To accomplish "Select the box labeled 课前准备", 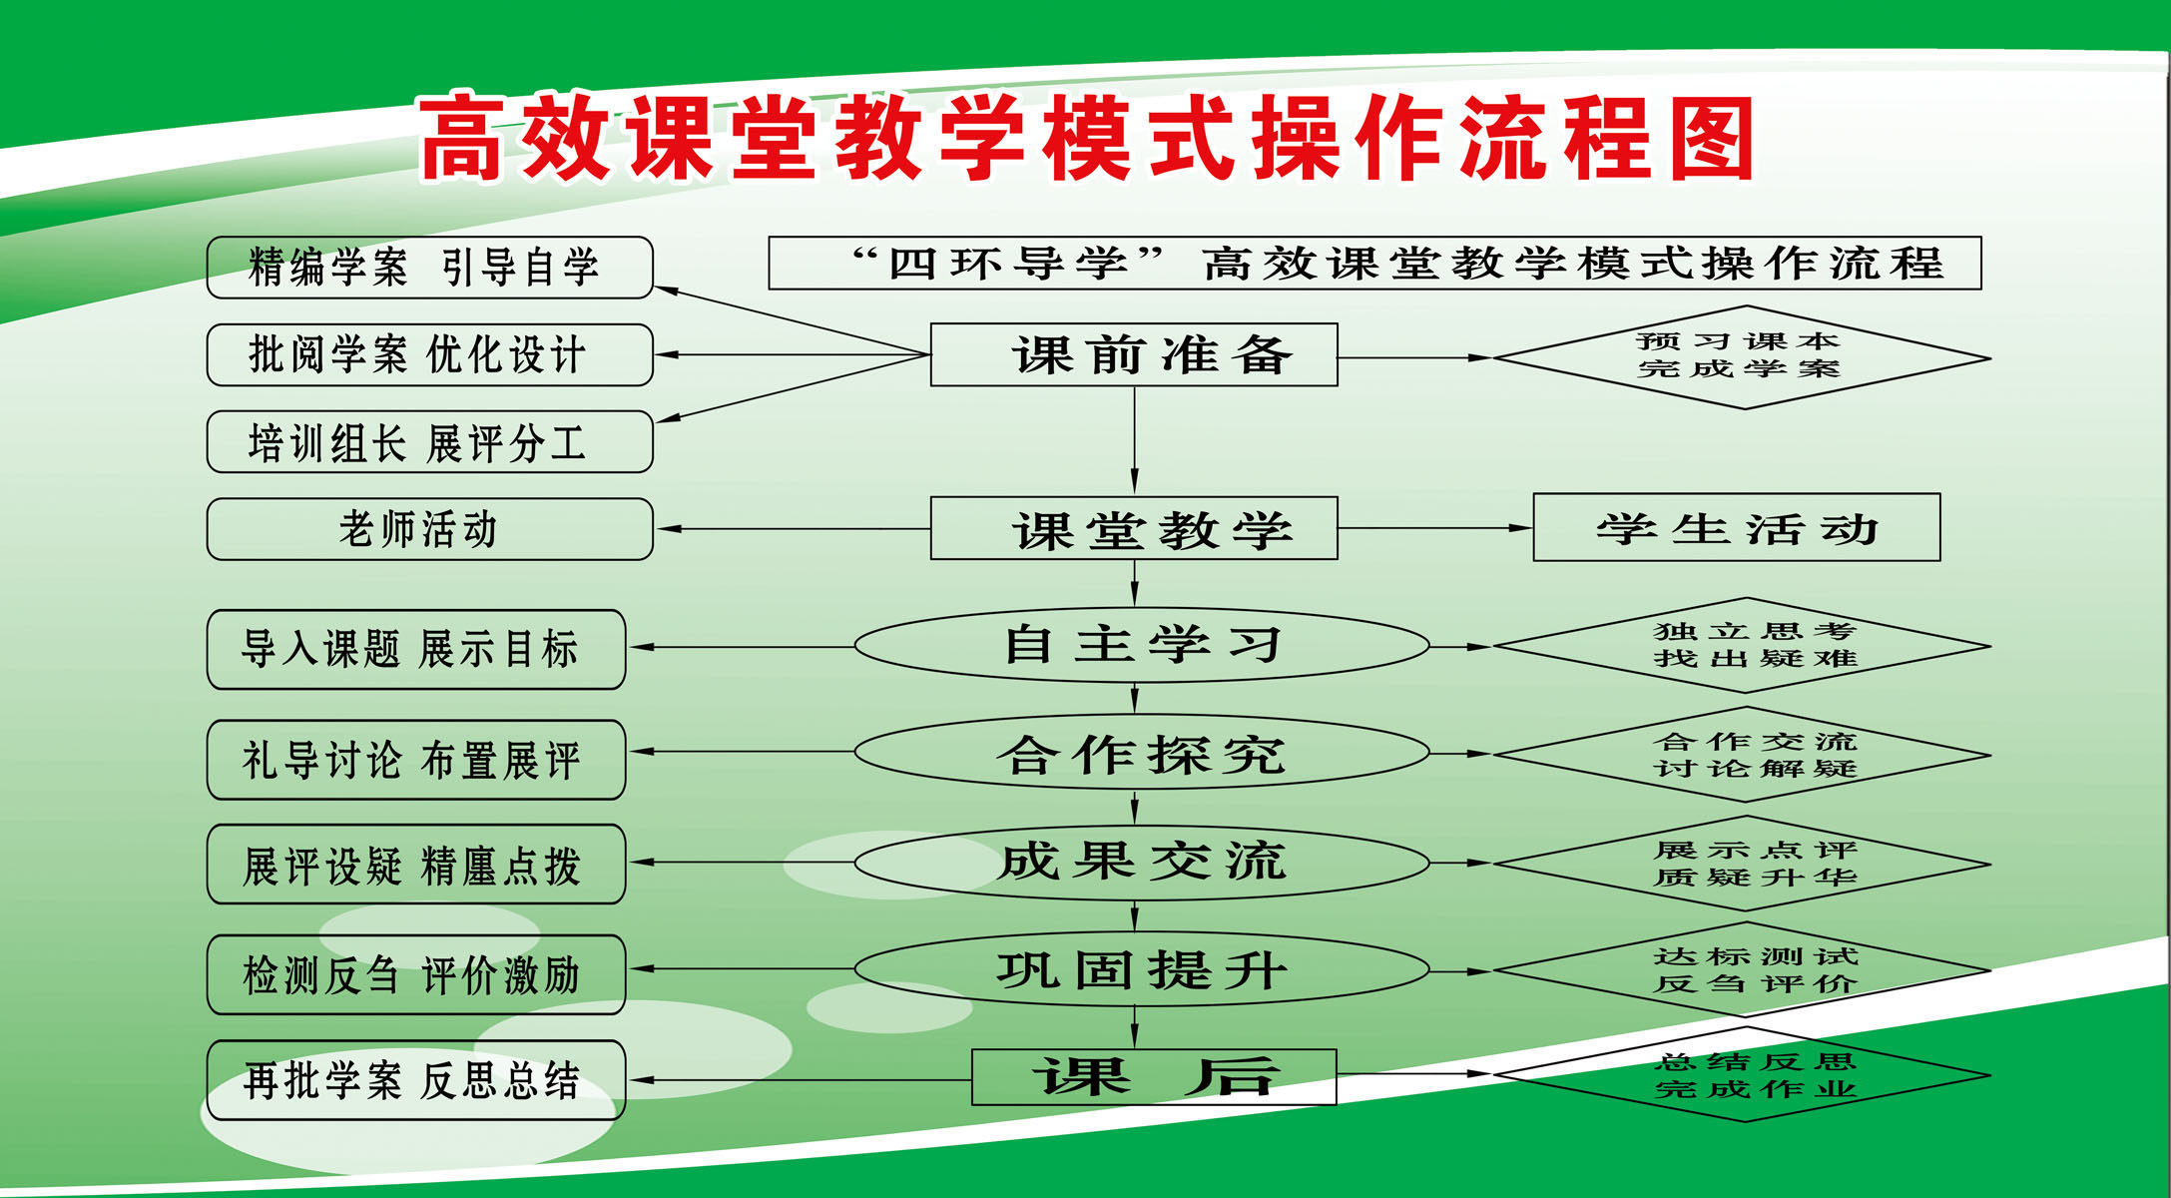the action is click(1134, 354).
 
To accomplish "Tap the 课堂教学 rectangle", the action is click(1134, 528).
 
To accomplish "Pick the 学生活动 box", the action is click(1736, 527).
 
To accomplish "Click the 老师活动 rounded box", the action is click(429, 529).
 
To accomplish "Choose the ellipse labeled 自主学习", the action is click(1142, 646).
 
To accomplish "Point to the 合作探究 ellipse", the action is click(1142, 754).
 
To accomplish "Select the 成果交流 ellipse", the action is click(1142, 863).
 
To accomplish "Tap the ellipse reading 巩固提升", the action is click(1142, 969).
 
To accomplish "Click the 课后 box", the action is click(1154, 1077).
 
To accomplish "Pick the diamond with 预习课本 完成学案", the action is click(1742, 356).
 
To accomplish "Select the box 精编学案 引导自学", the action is click(429, 268).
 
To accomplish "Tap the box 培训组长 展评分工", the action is click(429, 442).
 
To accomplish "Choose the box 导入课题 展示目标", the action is click(415, 649).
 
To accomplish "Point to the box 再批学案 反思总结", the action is click(415, 1080).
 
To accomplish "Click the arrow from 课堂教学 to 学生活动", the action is click(1434, 528).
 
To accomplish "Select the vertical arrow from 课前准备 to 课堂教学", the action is click(1134, 440).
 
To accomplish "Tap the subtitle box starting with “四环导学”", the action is click(1374, 264).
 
